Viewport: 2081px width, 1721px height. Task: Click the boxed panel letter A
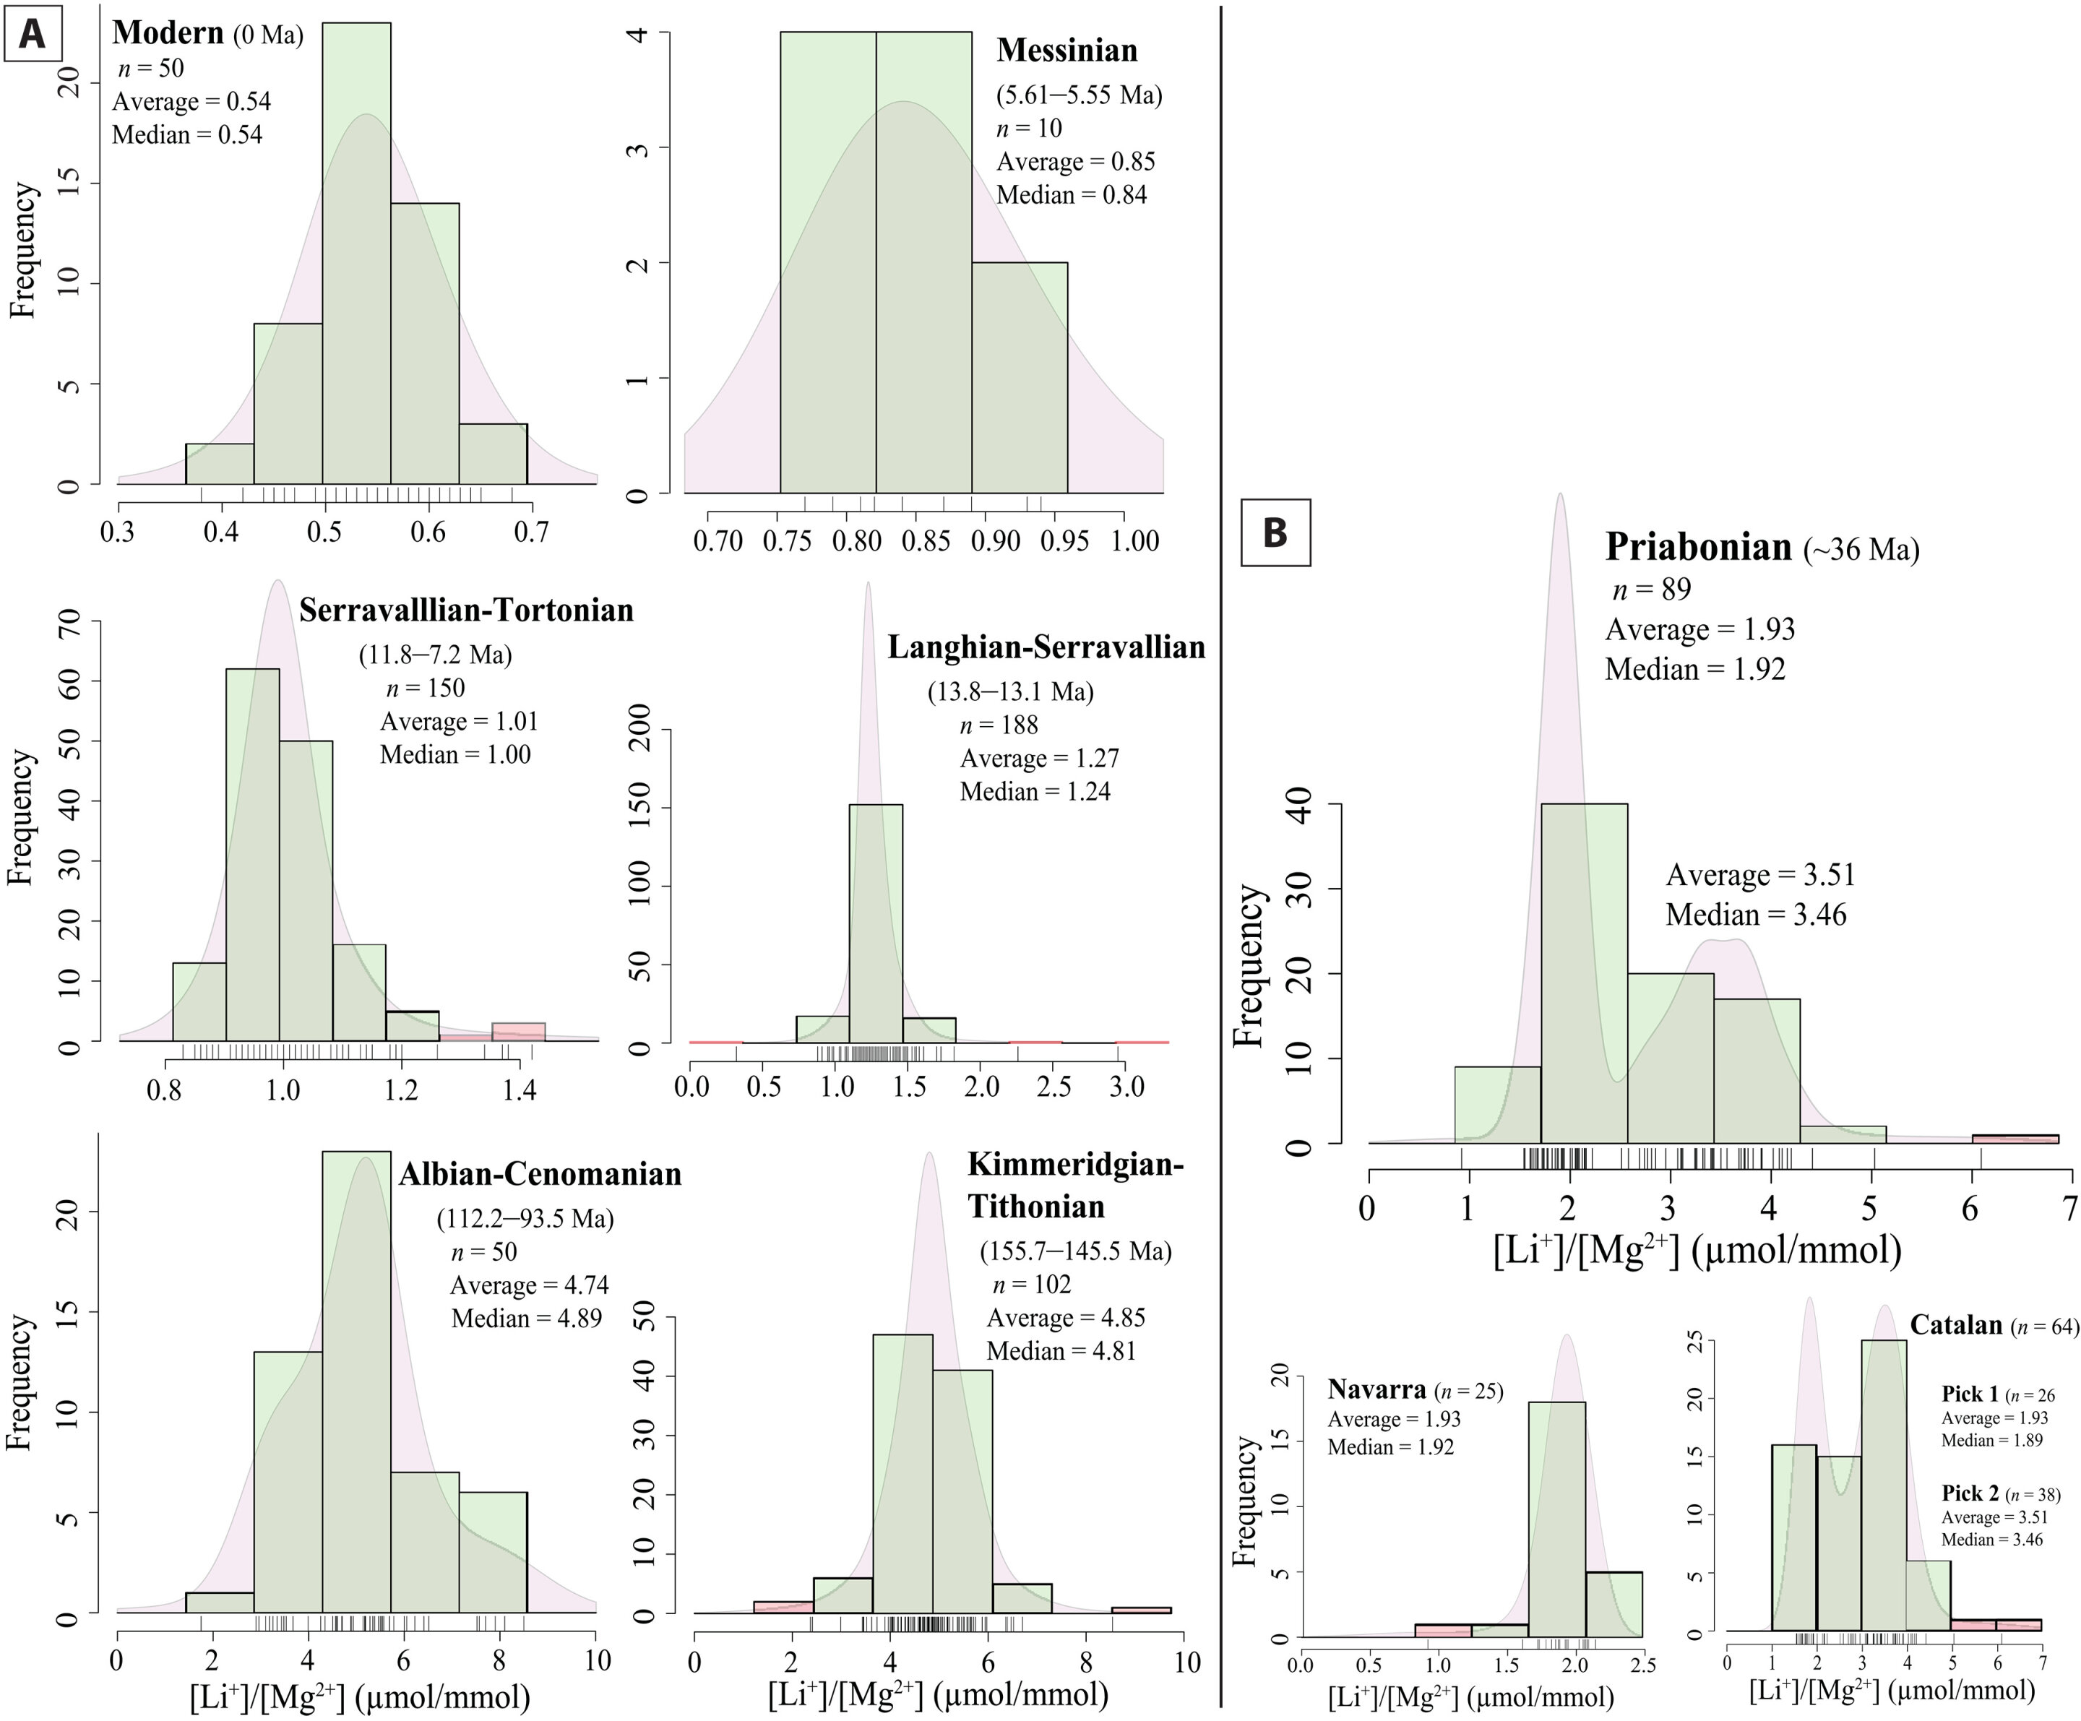tap(33, 35)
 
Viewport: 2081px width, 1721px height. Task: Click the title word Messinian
tap(1067, 51)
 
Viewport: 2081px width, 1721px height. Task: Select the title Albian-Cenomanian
tap(540, 1174)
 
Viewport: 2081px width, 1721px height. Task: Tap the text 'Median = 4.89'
tap(526, 1318)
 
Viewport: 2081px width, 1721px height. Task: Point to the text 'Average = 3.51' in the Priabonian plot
tap(1760, 875)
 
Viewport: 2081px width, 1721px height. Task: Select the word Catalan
tap(1956, 1324)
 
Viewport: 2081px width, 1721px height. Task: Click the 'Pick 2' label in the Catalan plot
tap(1969, 1493)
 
